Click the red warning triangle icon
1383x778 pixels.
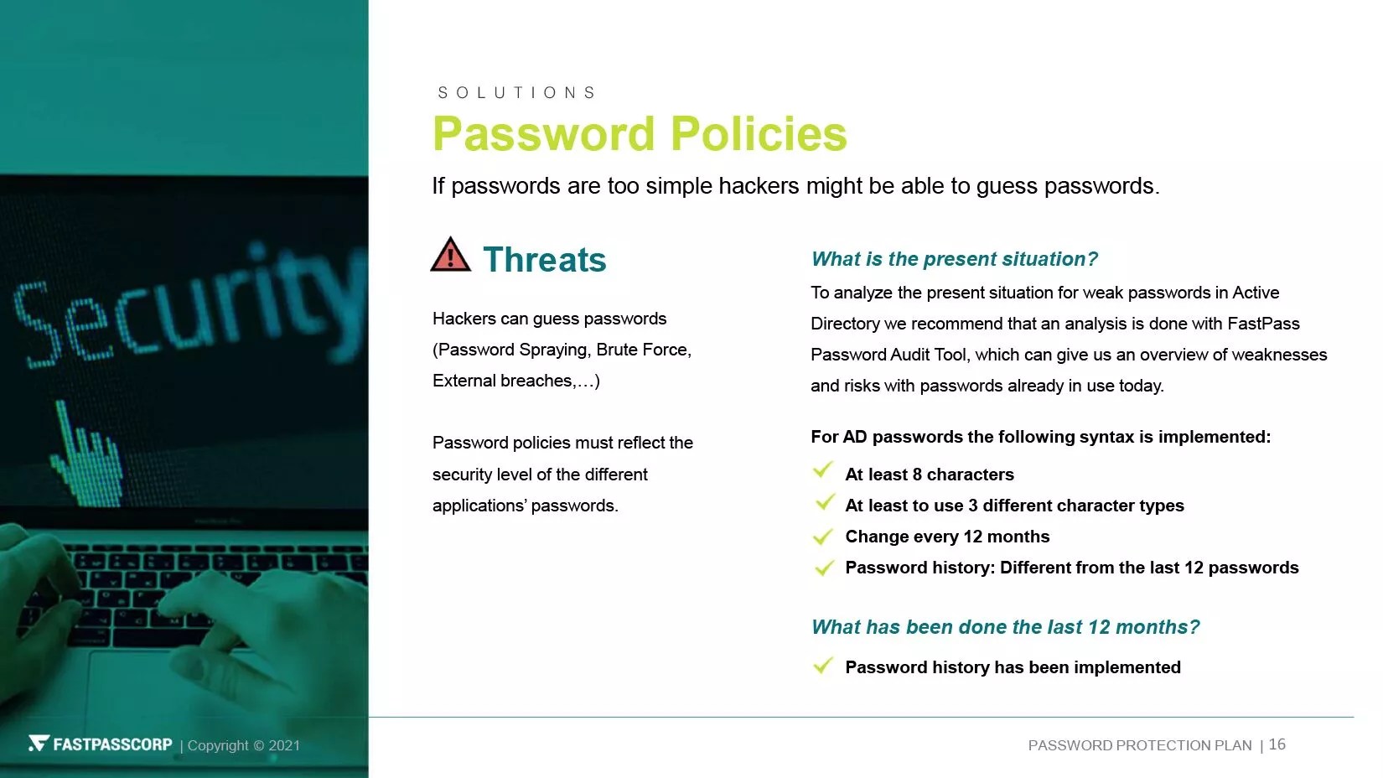pyautogui.click(x=450, y=254)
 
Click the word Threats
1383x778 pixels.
pyautogui.click(x=545, y=259)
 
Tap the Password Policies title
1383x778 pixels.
pyautogui.click(x=640, y=133)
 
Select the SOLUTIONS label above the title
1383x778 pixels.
pyautogui.click(x=516, y=92)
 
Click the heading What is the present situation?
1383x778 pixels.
pyautogui.click(x=955, y=259)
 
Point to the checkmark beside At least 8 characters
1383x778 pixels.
pyautogui.click(x=823, y=469)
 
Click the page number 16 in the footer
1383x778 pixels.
pyautogui.click(x=1277, y=744)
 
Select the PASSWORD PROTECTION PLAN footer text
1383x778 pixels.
pyautogui.click(x=1140, y=745)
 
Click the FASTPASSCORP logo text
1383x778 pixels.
pyautogui.click(x=112, y=744)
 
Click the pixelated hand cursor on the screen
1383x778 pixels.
pyautogui.click(x=87, y=456)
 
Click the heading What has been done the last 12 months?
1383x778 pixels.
pyautogui.click(x=1005, y=627)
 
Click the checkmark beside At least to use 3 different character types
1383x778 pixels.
pyautogui.click(x=825, y=502)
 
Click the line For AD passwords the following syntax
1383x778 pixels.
pyautogui.click(x=1040, y=437)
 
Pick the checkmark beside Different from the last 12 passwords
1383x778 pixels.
pyautogui.click(x=824, y=567)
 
